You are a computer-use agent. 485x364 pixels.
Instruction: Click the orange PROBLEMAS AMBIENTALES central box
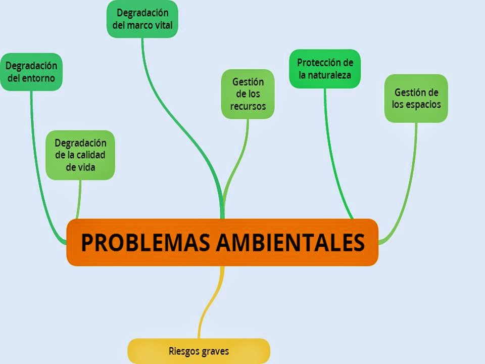[x=222, y=242]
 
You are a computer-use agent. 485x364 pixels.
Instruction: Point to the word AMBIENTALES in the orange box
[x=289, y=243]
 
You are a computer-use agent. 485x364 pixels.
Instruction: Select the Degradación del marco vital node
[x=142, y=19]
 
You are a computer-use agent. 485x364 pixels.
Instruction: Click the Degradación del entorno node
[x=31, y=72]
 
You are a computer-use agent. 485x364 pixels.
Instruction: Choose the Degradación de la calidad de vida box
[x=80, y=155]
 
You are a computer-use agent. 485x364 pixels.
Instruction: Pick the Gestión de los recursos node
[x=248, y=94]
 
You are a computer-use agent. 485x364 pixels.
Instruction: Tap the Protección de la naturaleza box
[x=324, y=69]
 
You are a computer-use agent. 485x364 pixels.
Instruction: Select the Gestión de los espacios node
[x=416, y=98]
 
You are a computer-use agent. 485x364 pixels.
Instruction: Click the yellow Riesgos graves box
[x=199, y=351]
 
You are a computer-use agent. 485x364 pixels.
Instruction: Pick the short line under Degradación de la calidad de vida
[x=79, y=200]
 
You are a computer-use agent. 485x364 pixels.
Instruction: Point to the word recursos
[x=248, y=106]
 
